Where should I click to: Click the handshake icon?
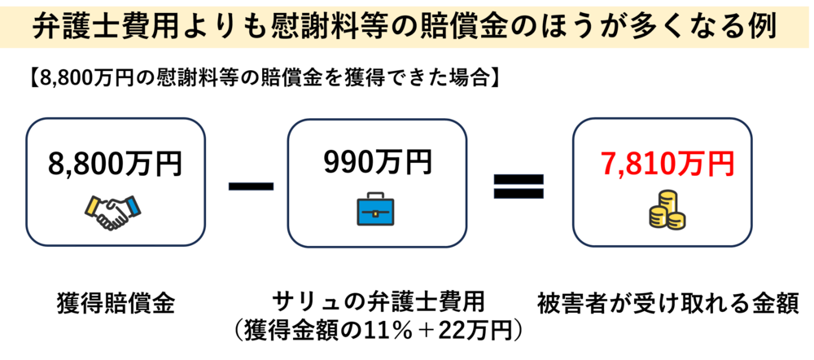click(x=115, y=211)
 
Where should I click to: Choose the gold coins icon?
click(x=666, y=213)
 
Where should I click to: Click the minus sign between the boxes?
click(x=251, y=186)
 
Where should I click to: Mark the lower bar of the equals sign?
click(x=519, y=195)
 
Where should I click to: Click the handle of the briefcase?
click(x=375, y=195)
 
